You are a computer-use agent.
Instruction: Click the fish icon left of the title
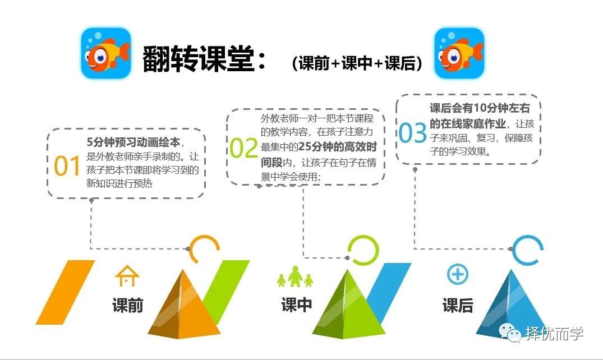[x=106, y=53]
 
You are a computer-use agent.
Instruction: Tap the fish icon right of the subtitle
[x=459, y=53]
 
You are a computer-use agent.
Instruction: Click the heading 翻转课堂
[x=198, y=59]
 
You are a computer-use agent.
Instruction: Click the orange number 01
[x=67, y=166]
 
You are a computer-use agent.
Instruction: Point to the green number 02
[x=244, y=149]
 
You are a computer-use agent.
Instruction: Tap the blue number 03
[x=413, y=133]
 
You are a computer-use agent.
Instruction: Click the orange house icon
[x=127, y=275]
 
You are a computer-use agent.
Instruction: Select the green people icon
[x=295, y=276]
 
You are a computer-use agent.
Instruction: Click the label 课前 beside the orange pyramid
[x=128, y=306]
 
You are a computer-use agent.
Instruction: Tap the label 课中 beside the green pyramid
[x=297, y=304]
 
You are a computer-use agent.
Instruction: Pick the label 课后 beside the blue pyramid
[x=458, y=306]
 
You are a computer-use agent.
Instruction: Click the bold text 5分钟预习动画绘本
[x=133, y=142]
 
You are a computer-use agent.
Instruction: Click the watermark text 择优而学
[x=554, y=333]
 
